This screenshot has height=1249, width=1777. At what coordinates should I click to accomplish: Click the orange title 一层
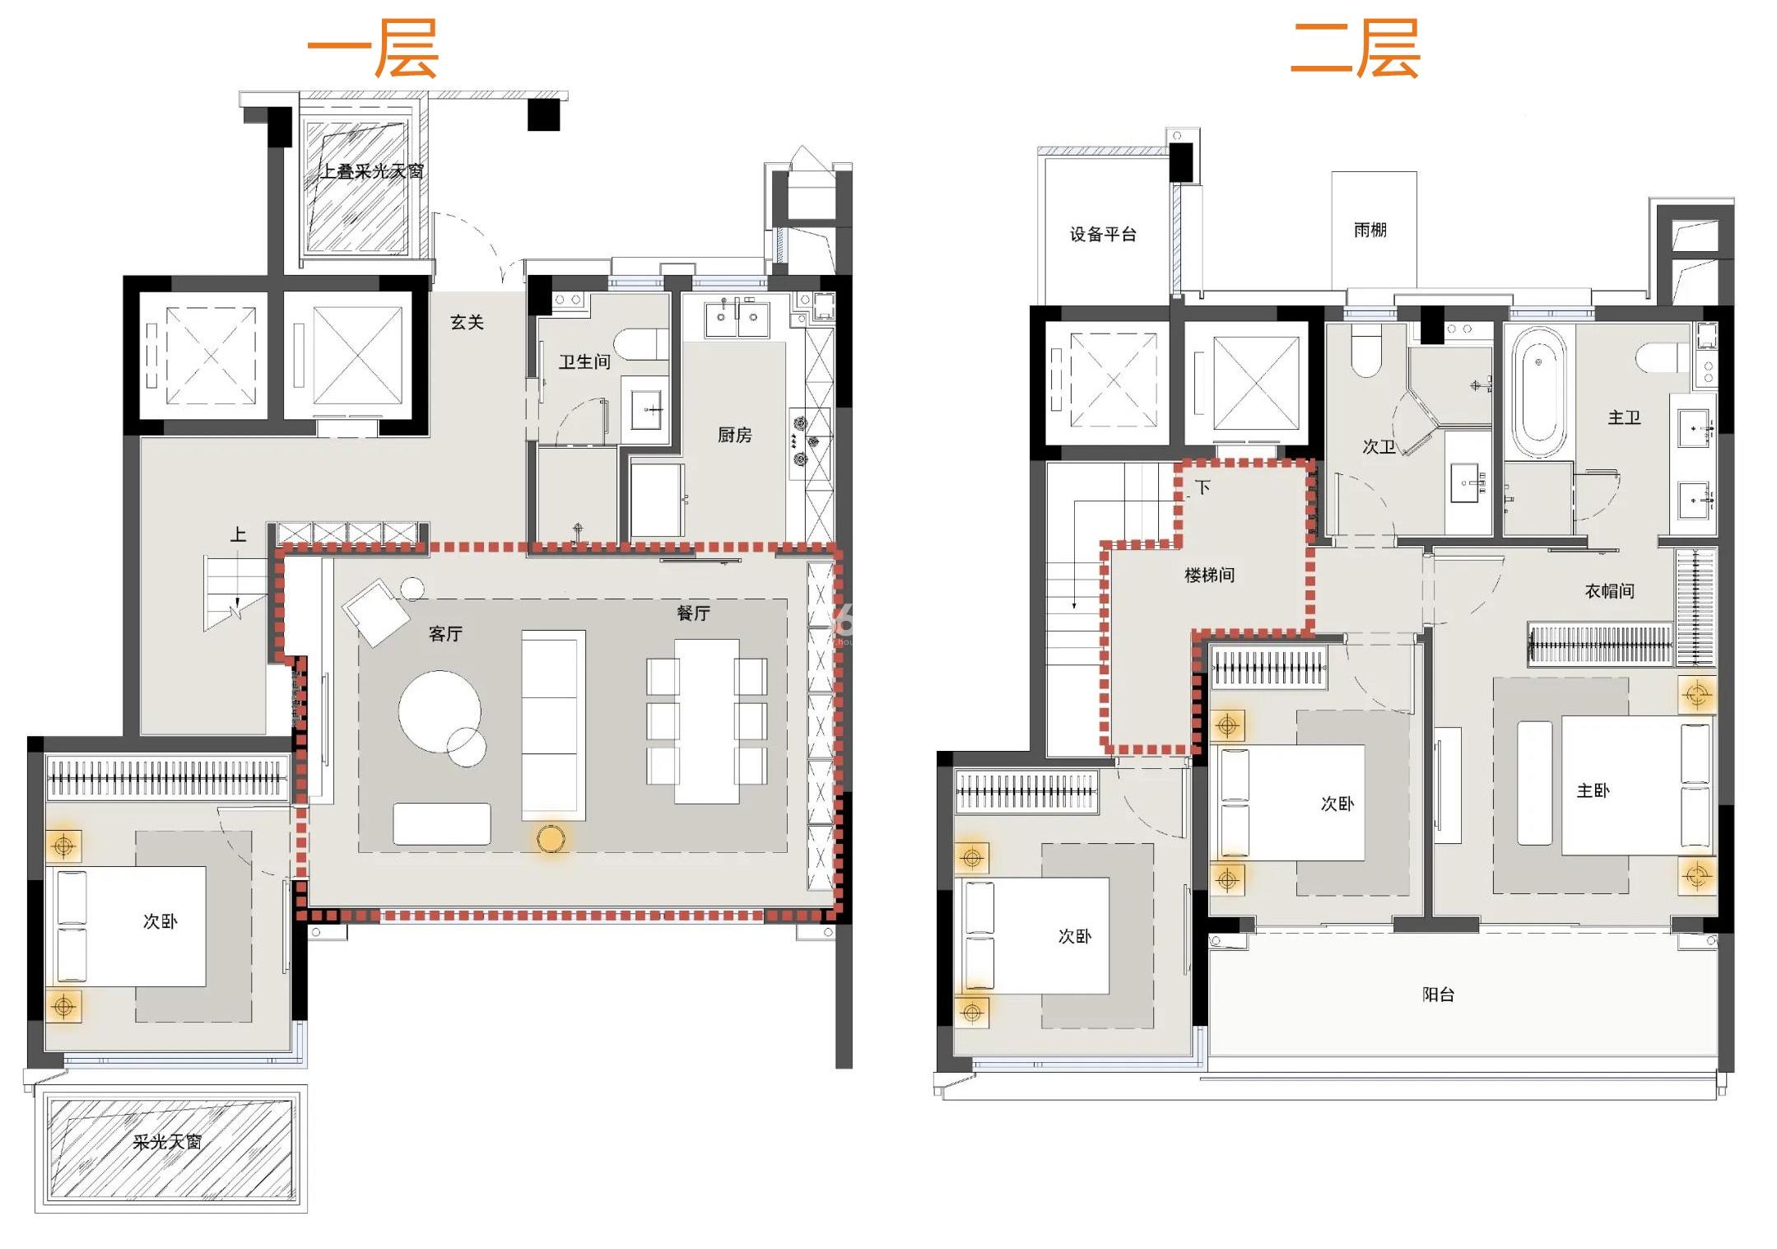click(x=373, y=49)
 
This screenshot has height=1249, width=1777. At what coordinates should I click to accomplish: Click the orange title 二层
click(x=1356, y=49)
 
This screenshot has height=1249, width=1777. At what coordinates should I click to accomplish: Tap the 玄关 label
click(x=467, y=322)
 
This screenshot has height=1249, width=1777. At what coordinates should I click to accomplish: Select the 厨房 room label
click(x=734, y=435)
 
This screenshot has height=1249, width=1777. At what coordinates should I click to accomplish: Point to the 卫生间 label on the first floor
click(x=584, y=361)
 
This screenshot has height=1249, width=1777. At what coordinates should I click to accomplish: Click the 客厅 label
click(x=445, y=633)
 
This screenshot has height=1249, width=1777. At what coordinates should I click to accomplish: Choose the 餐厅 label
click(x=693, y=613)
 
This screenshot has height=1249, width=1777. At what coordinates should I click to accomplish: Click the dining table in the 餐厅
click(x=707, y=721)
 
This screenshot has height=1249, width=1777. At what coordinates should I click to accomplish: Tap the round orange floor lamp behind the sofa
click(x=551, y=839)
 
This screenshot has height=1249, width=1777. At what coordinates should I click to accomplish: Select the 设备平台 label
click(x=1103, y=235)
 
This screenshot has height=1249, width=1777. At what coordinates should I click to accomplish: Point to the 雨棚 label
click(x=1370, y=230)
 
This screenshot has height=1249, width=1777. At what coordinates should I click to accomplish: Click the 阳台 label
click(x=1438, y=994)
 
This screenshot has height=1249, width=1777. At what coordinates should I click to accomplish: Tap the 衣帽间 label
click(x=1609, y=590)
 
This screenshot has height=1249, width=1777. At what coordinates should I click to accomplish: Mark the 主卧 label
click(x=1593, y=790)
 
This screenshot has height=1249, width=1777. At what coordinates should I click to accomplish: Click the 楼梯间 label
click(x=1209, y=575)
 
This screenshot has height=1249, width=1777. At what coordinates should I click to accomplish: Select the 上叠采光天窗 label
click(x=372, y=171)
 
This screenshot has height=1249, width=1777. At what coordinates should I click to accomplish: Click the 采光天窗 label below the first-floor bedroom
click(x=167, y=1142)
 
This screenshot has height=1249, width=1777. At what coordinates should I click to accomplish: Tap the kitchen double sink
click(x=737, y=318)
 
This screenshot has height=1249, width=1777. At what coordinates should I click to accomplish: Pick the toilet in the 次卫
click(x=1366, y=352)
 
